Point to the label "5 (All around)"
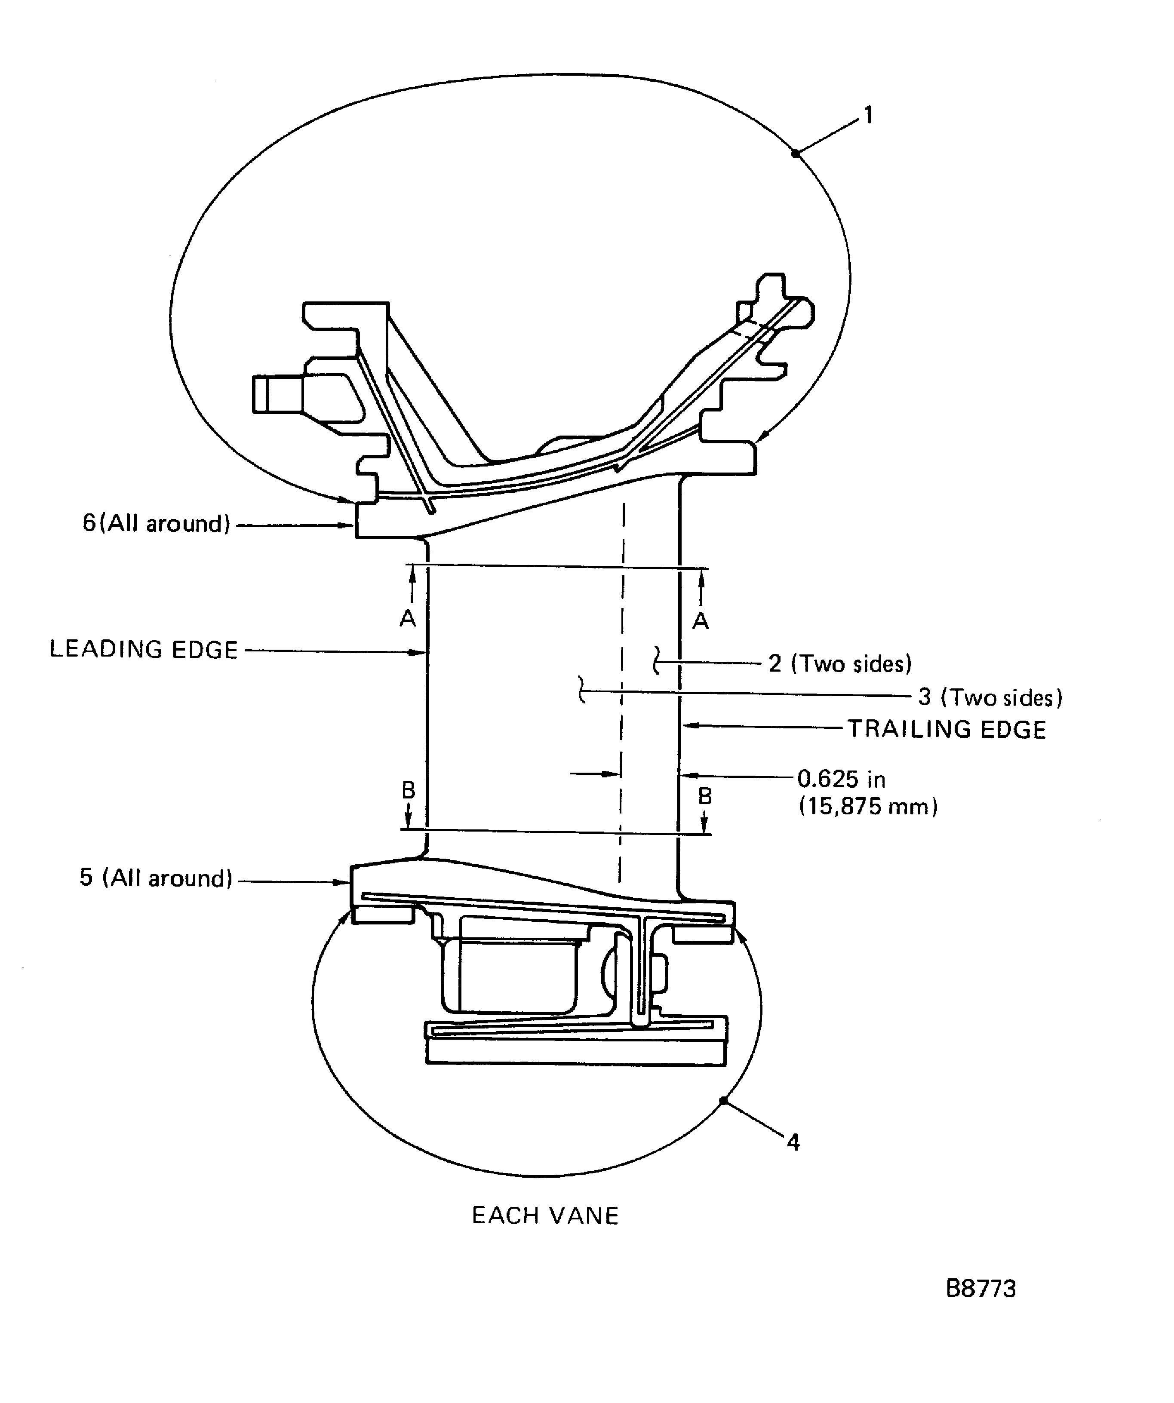pyautogui.click(x=156, y=878)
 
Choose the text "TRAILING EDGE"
pyautogui.click(x=947, y=730)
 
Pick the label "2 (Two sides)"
pyautogui.click(x=840, y=664)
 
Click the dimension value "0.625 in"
pyautogui.click(x=841, y=780)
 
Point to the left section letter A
pyautogui.click(x=408, y=619)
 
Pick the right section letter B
pyautogui.click(x=705, y=796)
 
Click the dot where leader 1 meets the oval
pyautogui.click(x=796, y=154)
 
